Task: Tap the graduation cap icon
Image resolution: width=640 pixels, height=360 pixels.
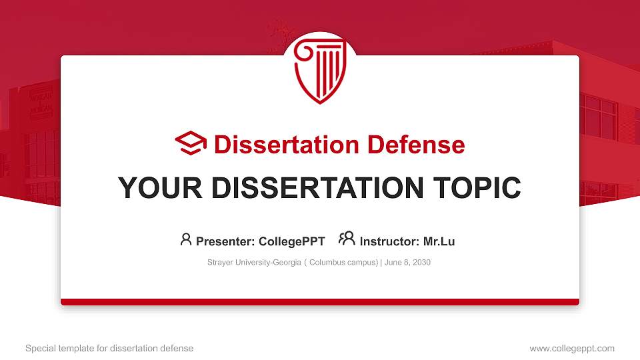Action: coord(191,143)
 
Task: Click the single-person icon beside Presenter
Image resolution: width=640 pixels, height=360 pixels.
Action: coord(186,239)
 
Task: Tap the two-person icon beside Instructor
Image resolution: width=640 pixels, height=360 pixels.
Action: coord(347,239)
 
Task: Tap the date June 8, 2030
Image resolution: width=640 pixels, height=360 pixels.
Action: coord(407,263)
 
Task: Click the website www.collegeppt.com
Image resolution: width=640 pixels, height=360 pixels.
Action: coord(571,348)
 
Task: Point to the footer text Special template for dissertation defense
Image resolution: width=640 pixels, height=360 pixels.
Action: coord(109,348)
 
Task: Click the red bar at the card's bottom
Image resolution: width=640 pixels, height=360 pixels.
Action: coord(320,302)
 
